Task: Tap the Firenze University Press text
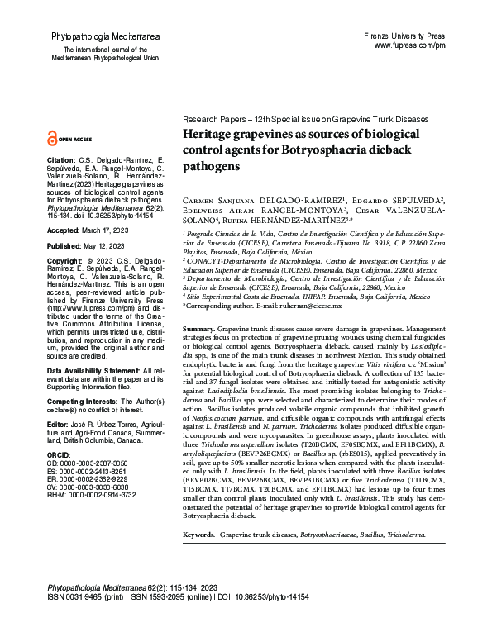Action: (x=415, y=37)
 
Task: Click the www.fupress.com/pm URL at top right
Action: (x=422, y=46)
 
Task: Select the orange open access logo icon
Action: (x=54, y=140)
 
